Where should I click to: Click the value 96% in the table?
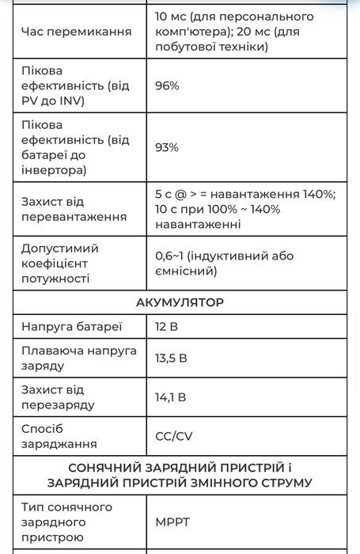point(167,85)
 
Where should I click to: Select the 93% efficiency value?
point(167,147)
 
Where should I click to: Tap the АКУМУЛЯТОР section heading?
point(180,302)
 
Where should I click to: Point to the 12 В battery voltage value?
point(167,326)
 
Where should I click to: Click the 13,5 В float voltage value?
point(171,358)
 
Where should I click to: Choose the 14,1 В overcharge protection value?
point(170,397)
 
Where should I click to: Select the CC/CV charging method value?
point(173,436)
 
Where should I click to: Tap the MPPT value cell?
point(172,522)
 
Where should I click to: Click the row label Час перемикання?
point(76,32)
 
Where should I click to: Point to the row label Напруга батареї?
point(71,326)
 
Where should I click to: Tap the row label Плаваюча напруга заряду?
point(78,358)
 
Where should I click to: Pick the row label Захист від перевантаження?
point(74,209)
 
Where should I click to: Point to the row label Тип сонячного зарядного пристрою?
point(66,522)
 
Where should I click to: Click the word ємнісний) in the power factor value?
point(186,271)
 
